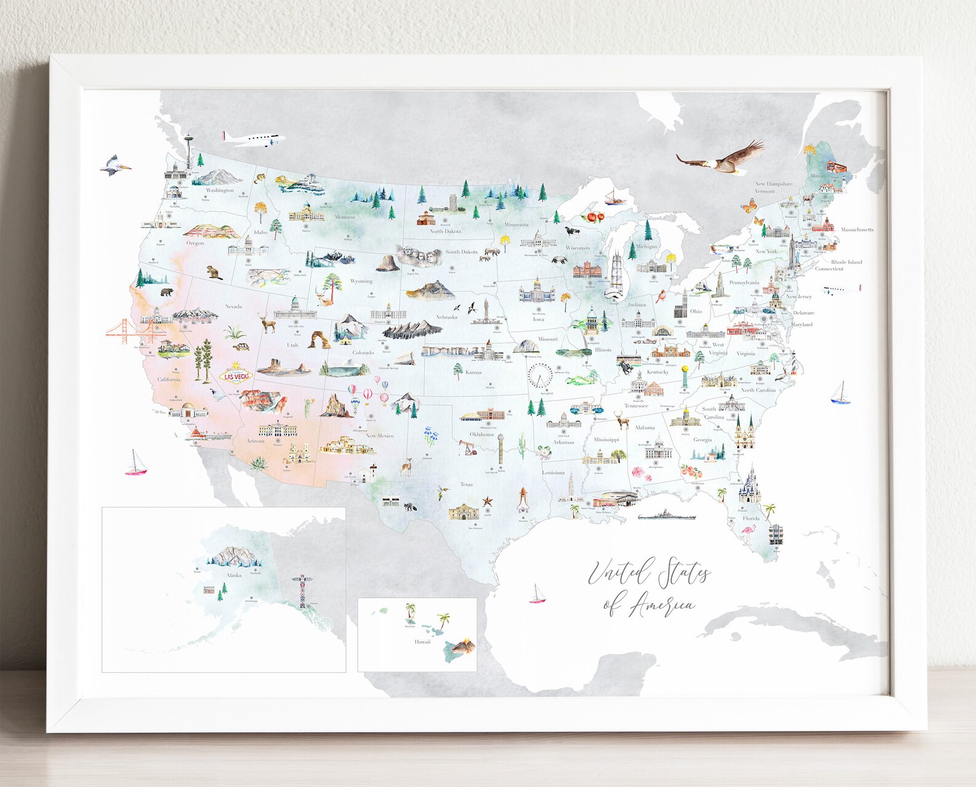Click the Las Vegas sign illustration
pos(236,374)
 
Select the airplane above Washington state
pos(253,139)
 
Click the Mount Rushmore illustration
pos(416,256)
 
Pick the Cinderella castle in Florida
pos(749,485)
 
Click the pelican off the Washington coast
pos(114,165)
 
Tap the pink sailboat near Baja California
pos(136,464)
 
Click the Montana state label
pos(345,217)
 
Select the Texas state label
pos(466,484)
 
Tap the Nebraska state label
pos(446,317)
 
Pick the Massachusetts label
pos(857,230)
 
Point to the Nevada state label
pos(234,306)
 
